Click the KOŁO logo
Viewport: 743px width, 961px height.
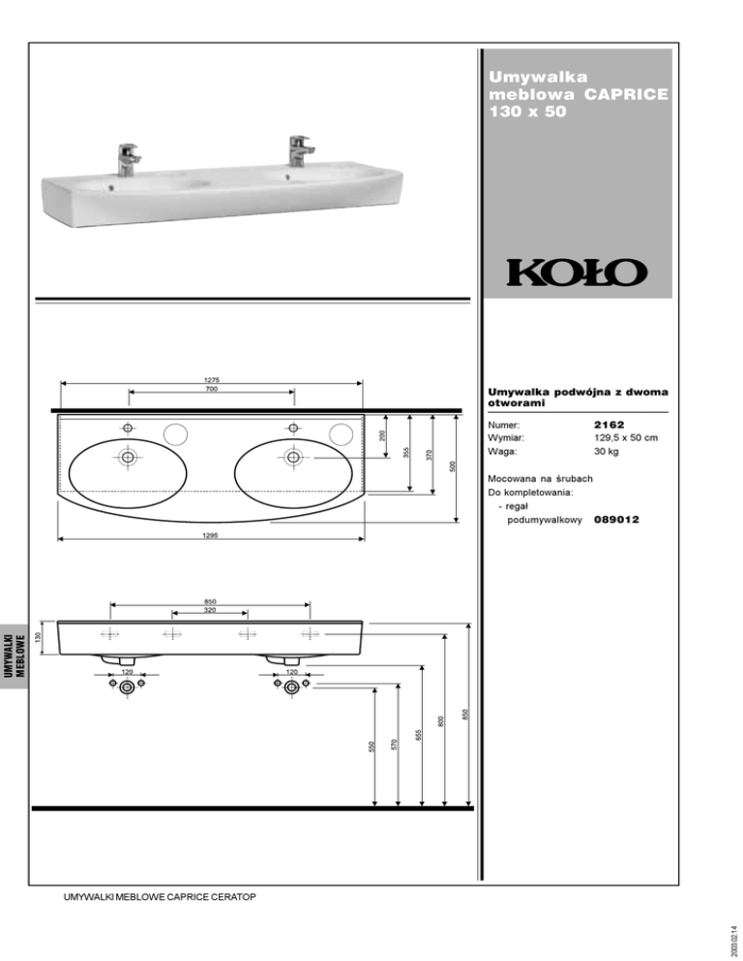coord(577,273)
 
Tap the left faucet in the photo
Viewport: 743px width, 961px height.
coord(129,160)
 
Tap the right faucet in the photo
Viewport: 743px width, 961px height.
coord(301,151)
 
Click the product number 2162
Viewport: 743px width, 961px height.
coord(609,424)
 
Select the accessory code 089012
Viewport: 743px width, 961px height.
coord(616,519)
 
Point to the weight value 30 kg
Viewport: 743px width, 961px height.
coord(606,451)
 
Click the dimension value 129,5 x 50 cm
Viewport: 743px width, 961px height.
coord(626,438)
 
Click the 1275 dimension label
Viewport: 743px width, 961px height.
coord(212,380)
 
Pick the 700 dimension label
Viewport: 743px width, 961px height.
coord(212,389)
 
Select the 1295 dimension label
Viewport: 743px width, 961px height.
coord(211,535)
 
